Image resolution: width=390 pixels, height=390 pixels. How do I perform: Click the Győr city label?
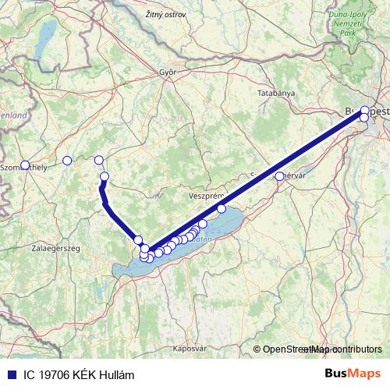pyautogui.click(x=168, y=73)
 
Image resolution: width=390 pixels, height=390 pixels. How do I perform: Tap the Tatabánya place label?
pyautogui.click(x=276, y=93)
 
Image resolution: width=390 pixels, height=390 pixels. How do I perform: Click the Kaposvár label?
pyautogui.click(x=190, y=348)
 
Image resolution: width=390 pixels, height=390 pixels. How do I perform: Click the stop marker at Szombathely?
pyautogui.click(x=25, y=165)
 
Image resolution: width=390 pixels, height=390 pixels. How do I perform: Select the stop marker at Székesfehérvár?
pyautogui.click(x=280, y=176)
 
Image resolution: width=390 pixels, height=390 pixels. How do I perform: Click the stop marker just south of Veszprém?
pyautogui.click(x=222, y=208)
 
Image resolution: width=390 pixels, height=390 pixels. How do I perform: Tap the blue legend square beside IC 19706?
pyautogui.click(x=9, y=375)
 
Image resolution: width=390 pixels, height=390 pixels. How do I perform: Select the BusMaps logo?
pyautogui.click(x=352, y=374)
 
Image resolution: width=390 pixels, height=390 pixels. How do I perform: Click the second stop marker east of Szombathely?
pyautogui.click(x=98, y=160)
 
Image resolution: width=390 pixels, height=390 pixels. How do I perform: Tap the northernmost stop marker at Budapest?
pyautogui.click(x=365, y=111)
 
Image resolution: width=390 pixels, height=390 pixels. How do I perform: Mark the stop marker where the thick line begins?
pyautogui.click(x=105, y=176)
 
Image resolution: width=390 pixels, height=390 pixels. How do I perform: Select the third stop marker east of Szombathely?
pyautogui.click(x=105, y=176)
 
